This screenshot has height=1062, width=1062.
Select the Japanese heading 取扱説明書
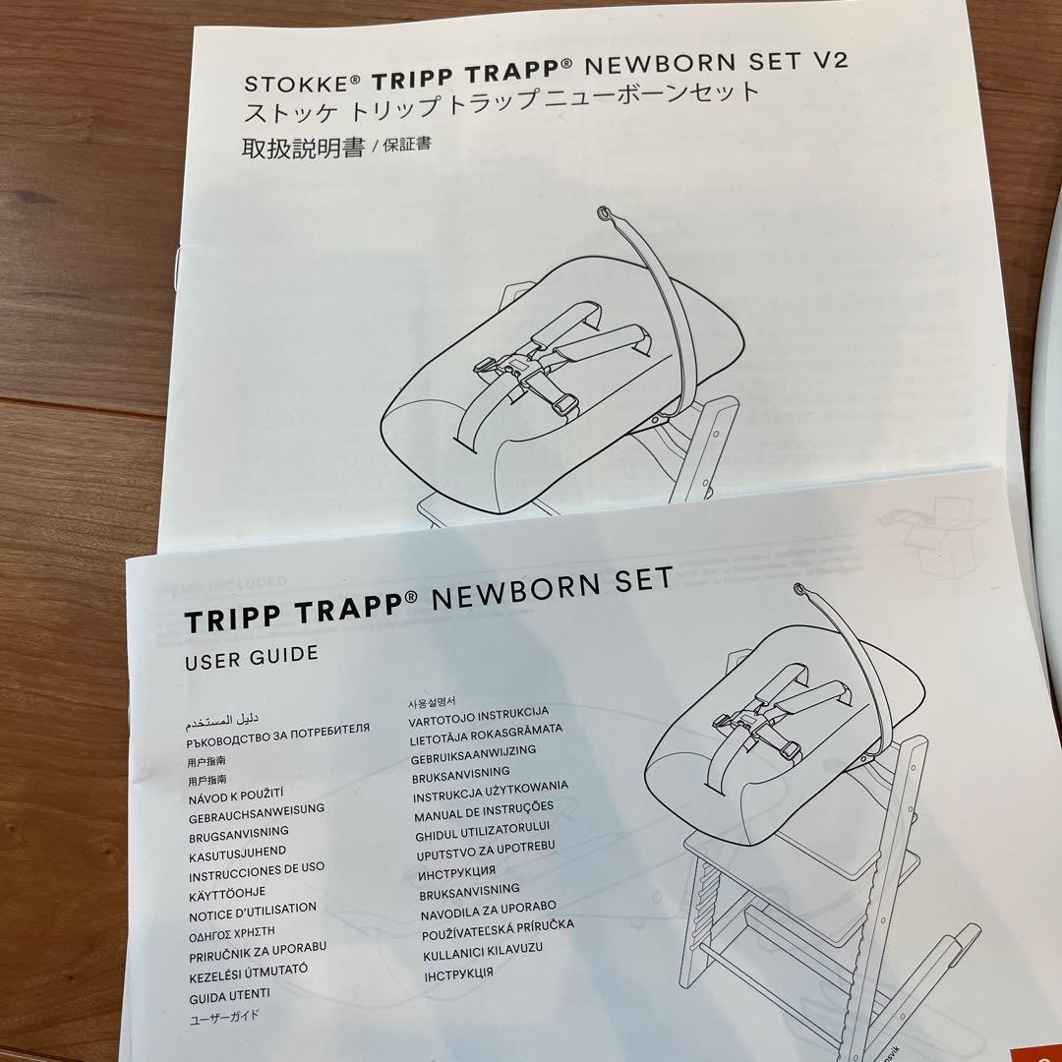[303, 148]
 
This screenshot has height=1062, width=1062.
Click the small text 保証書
[402, 145]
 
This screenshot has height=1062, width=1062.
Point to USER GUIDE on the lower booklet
[252, 657]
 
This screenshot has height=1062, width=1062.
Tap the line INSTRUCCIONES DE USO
[257, 871]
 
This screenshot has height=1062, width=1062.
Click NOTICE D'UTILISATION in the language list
[253, 912]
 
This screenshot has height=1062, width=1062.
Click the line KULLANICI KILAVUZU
[482, 951]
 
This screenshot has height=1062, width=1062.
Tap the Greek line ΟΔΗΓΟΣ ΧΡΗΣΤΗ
[232, 931]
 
